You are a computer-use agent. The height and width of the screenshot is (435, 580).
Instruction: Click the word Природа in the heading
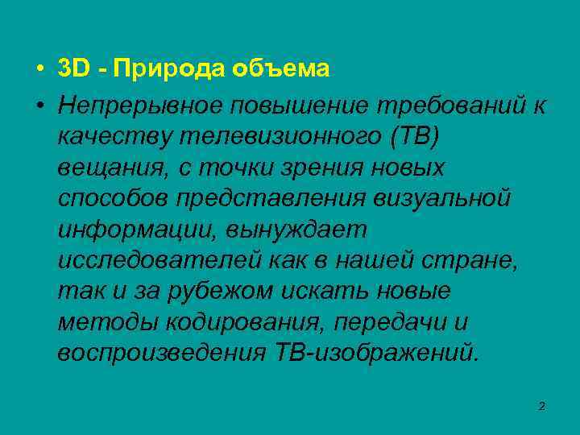click(x=168, y=69)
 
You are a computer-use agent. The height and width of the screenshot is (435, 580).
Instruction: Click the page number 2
click(x=542, y=406)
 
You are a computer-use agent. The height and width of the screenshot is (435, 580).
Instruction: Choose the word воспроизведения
click(x=160, y=351)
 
